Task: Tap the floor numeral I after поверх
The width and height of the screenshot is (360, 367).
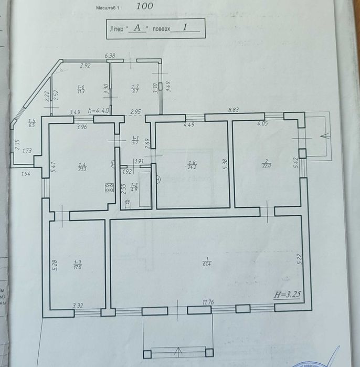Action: [185, 28]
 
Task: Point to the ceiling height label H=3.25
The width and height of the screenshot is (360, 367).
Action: [288, 295]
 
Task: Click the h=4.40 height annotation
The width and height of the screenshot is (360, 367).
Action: [98, 111]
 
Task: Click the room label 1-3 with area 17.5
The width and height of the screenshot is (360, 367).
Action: [78, 265]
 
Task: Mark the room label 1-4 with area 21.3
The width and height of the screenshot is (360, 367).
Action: [81, 167]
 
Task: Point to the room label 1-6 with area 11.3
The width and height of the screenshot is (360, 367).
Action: [81, 89]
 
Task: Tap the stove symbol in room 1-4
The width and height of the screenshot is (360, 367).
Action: [110, 188]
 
